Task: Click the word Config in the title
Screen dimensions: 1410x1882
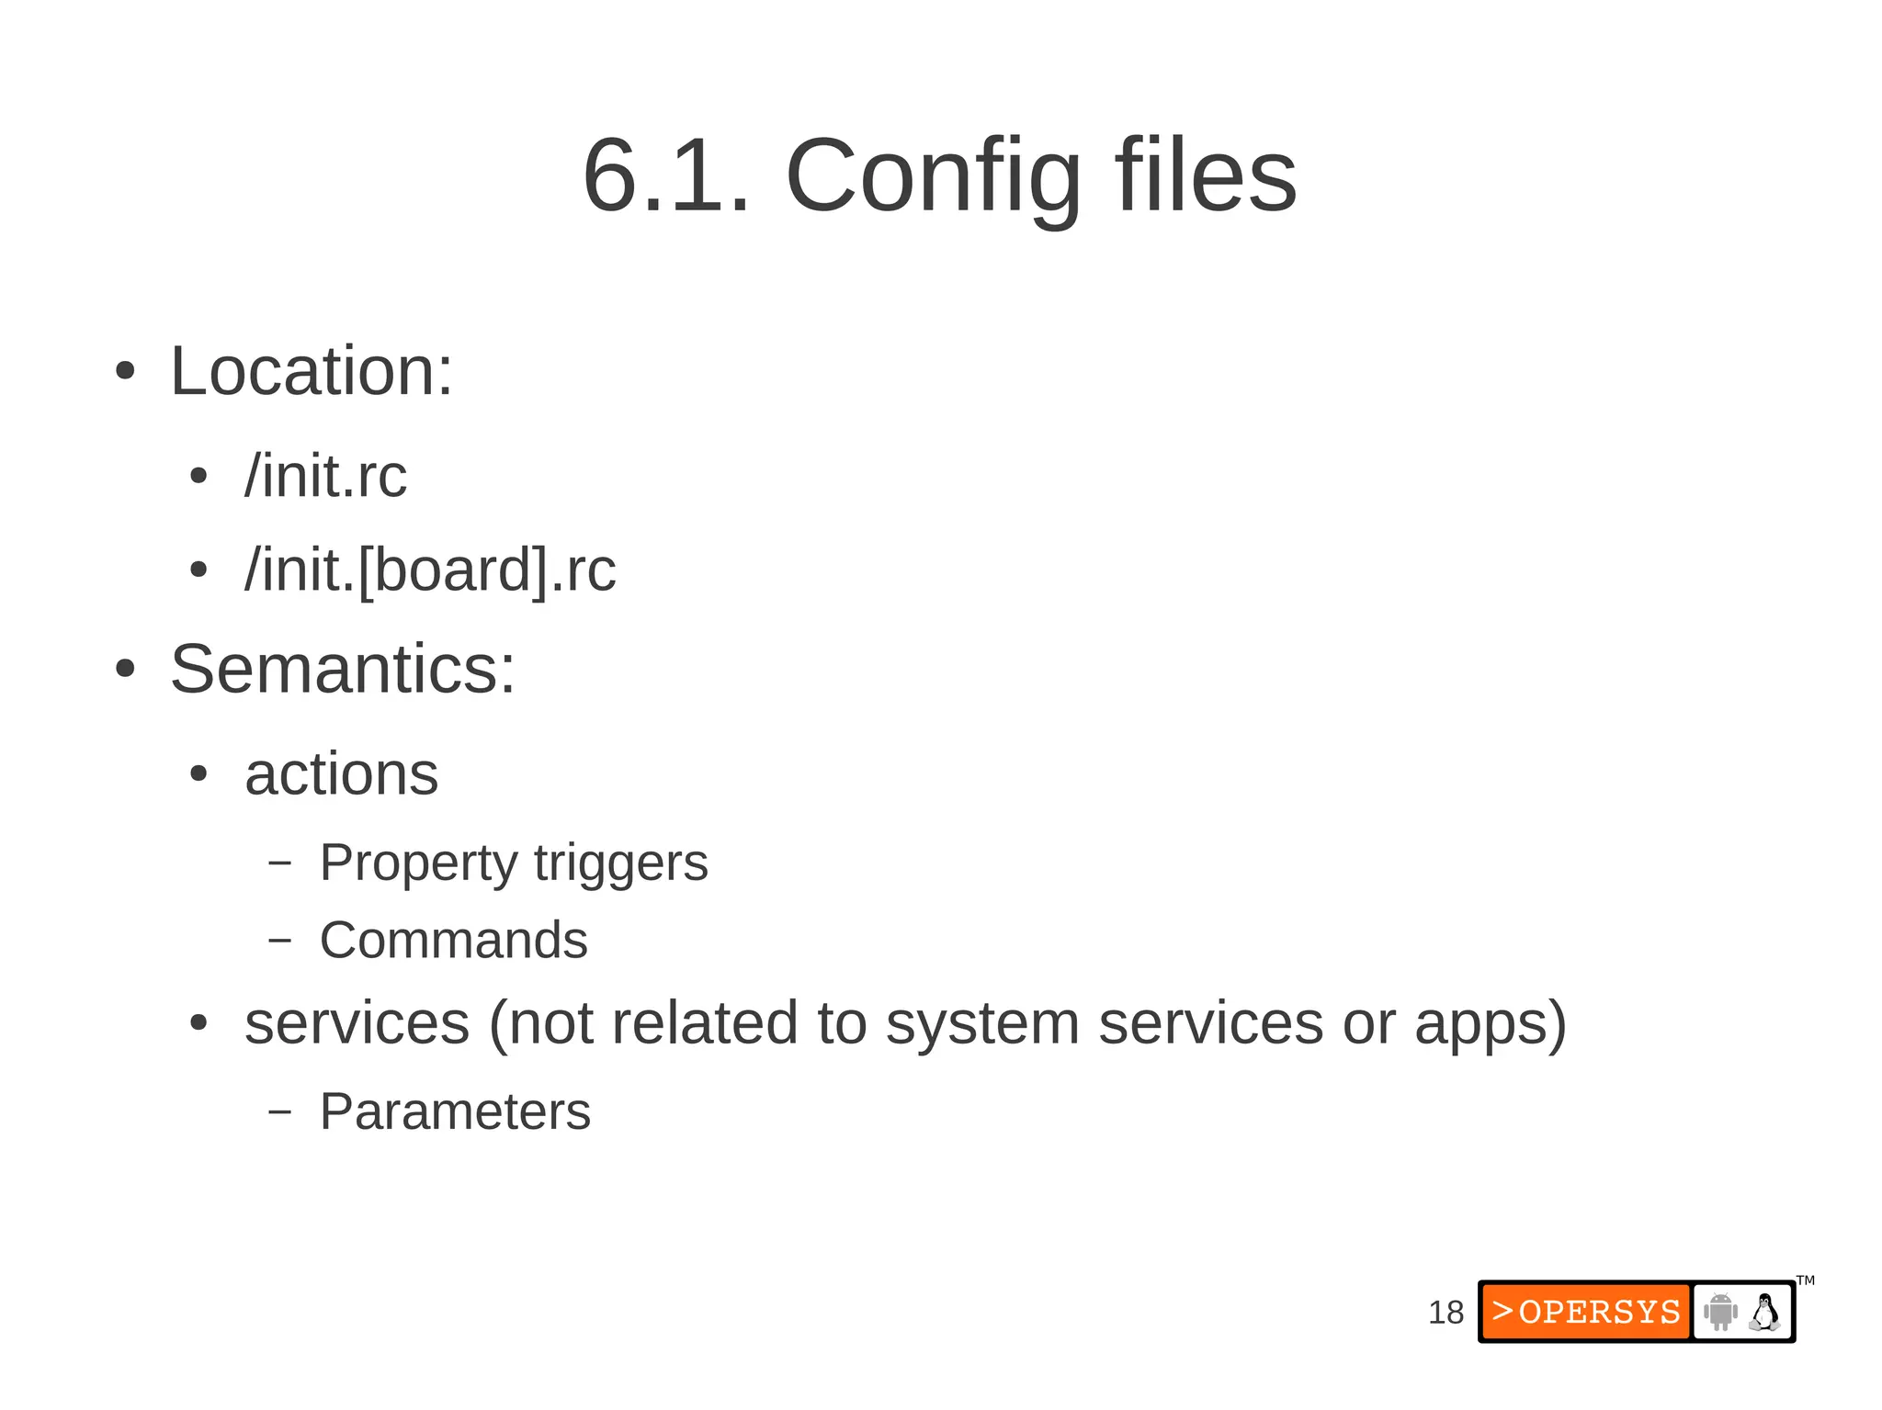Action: pos(933,176)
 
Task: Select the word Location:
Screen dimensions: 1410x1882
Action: pos(312,371)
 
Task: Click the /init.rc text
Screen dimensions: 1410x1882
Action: pos(325,477)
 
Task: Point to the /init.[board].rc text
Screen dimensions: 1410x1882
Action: pos(430,570)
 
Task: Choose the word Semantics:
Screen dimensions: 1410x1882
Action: pos(343,669)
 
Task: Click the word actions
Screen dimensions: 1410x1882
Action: pos(341,774)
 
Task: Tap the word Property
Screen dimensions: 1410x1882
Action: pos(418,863)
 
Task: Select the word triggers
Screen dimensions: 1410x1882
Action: pos(620,863)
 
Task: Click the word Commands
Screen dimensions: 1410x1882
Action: pos(453,941)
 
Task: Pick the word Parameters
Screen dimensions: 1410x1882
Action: pos(455,1111)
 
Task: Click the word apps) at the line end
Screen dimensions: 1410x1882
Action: pos(1490,1023)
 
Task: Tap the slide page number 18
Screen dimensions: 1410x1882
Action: pos(1446,1313)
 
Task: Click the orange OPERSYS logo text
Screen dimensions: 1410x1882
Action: pos(1586,1312)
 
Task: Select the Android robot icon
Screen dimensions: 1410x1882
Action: pos(1719,1312)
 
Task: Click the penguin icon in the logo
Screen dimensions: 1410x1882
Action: pos(1763,1312)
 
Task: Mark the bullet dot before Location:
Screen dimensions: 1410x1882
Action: pos(125,372)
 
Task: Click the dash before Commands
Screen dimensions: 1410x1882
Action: pos(279,941)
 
